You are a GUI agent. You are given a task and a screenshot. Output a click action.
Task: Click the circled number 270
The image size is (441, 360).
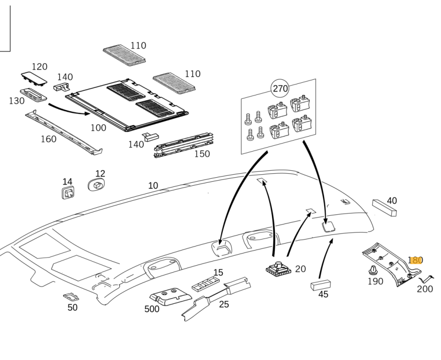[x=280, y=89]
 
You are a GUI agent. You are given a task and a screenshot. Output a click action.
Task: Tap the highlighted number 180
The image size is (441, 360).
[x=415, y=260]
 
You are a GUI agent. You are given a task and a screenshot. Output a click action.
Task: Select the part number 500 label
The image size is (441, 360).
[x=152, y=309]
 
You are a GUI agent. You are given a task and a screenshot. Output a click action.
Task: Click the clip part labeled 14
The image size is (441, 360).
[x=68, y=193]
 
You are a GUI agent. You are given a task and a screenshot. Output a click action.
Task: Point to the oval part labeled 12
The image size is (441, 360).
[x=97, y=185]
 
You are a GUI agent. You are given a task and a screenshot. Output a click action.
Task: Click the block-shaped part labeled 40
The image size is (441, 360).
[x=384, y=208]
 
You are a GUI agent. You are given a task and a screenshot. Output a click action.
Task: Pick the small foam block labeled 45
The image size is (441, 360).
[x=320, y=284]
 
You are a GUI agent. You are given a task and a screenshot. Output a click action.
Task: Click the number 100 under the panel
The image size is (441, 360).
[x=98, y=128]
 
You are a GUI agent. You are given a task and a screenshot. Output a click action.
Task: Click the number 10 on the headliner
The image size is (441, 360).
[x=153, y=186]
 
